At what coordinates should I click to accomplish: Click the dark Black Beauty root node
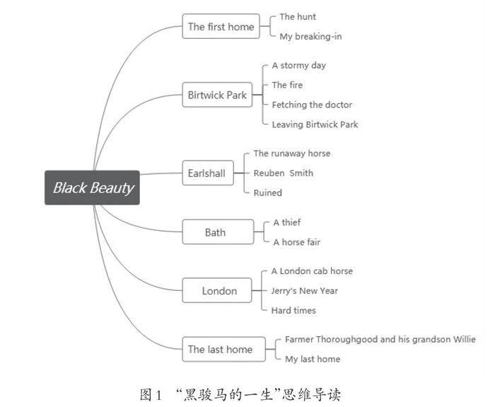[x=92, y=188]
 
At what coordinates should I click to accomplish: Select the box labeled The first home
[x=221, y=26]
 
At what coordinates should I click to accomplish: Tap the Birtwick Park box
[x=217, y=95]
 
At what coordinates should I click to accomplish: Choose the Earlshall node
[x=208, y=173]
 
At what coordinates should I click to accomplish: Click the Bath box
[x=218, y=232]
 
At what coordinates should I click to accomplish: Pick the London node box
[x=217, y=290]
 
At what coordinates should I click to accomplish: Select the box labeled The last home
[x=224, y=349]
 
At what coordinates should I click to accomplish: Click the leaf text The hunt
[x=298, y=17]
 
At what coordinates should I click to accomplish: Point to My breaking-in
[x=310, y=37]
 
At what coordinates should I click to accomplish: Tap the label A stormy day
[x=299, y=66]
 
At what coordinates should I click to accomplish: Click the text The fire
[x=287, y=85]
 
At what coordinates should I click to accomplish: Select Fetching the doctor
[x=312, y=105]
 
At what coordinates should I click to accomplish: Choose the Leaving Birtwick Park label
[x=315, y=125]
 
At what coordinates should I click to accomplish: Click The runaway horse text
[x=292, y=154]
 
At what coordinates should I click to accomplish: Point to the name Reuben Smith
[x=284, y=173]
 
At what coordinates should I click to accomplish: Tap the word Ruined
[x=268, y=193]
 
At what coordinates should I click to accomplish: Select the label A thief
[x=287, y=222]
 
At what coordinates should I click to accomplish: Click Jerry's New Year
[x=305, y=291]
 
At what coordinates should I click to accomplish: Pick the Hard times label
[x=293, y=311]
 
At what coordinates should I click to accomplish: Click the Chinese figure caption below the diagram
[x=240, y=395]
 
